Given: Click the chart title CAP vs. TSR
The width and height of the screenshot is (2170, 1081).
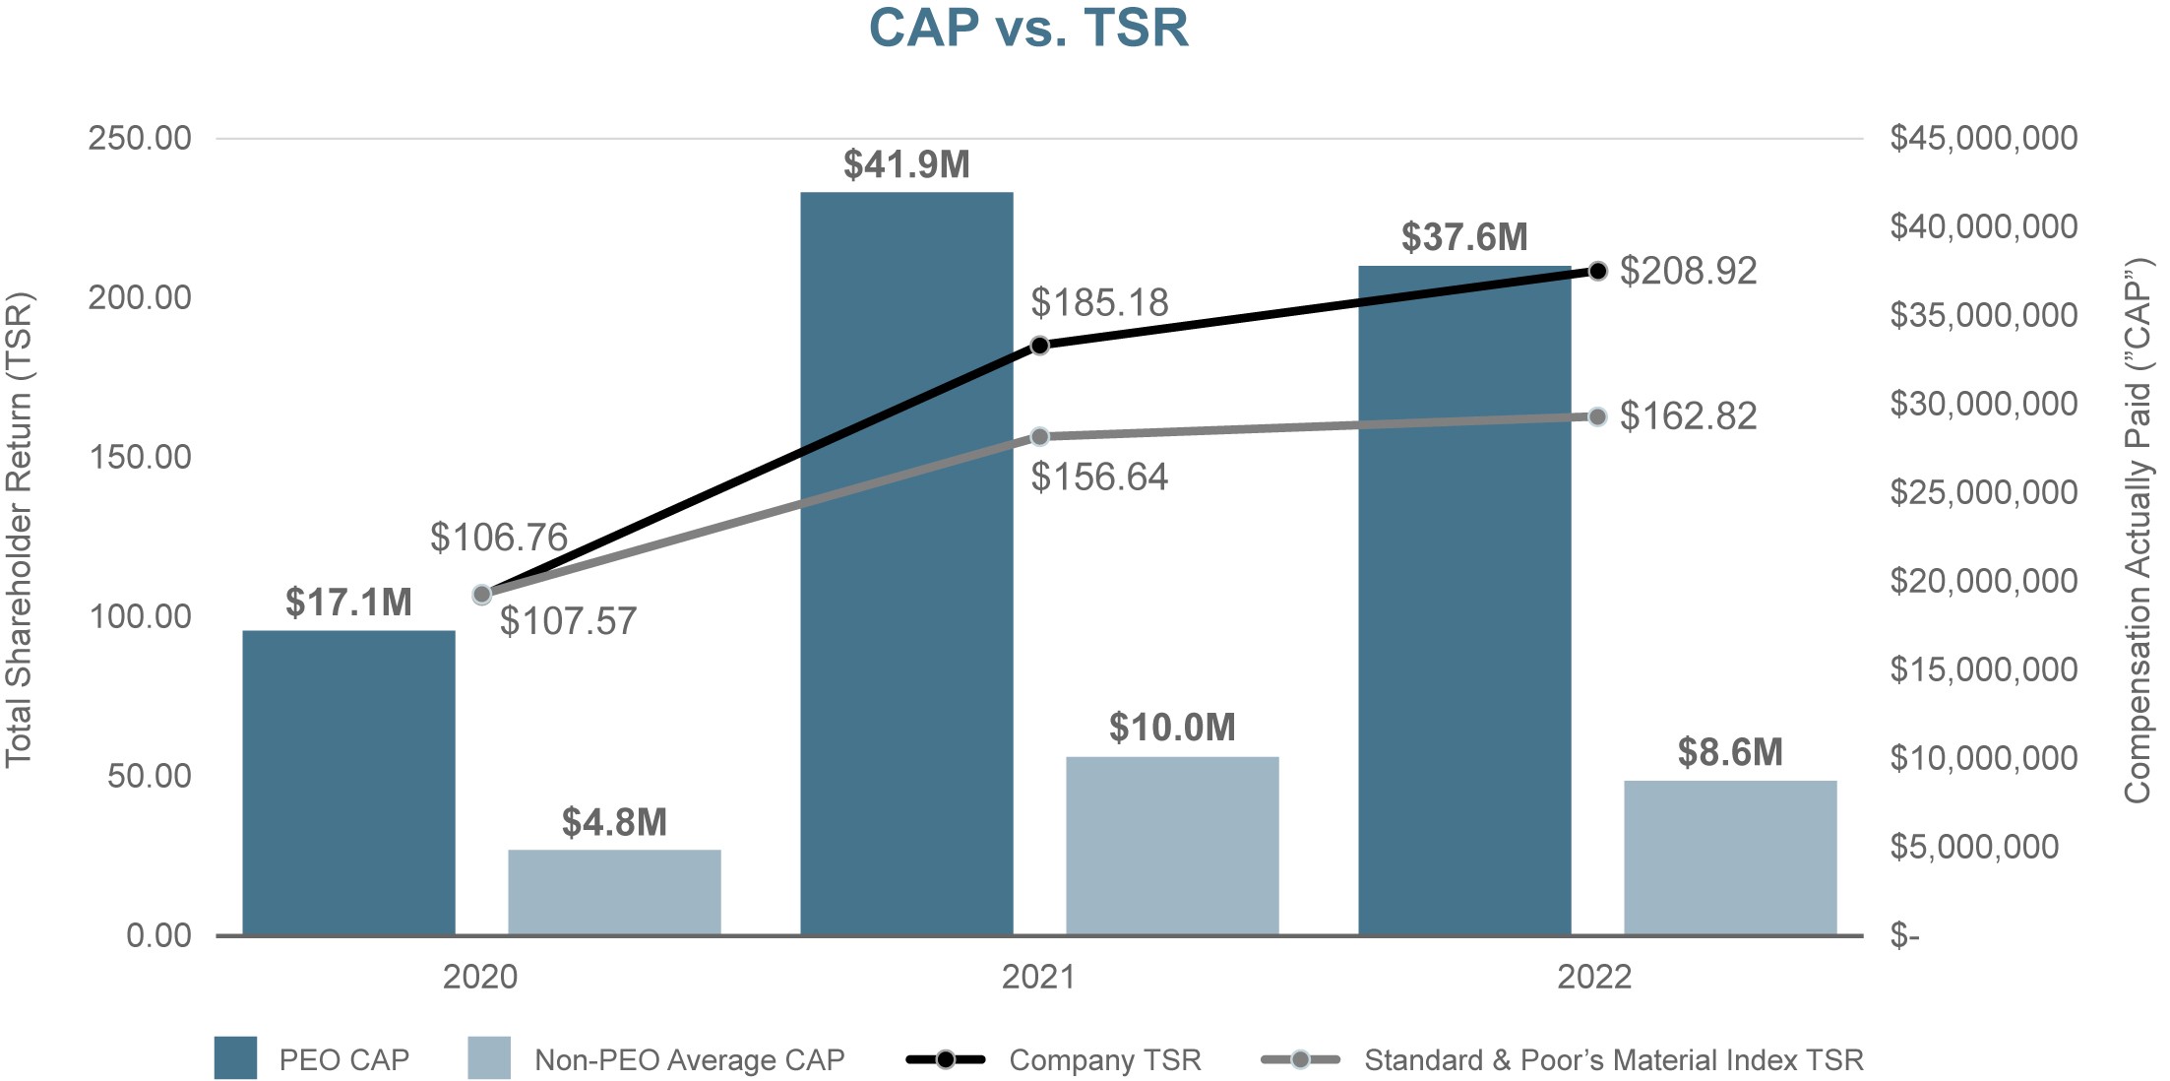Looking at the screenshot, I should coord(1028,28).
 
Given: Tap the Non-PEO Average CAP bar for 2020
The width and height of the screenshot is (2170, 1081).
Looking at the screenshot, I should coord(614,892).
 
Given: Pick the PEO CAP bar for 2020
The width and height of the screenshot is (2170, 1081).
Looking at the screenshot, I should coord(348,783).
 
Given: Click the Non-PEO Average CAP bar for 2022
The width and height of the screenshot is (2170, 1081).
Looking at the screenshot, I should coord(1730,858).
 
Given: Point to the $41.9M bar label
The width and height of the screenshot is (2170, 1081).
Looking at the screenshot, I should coord(906,164).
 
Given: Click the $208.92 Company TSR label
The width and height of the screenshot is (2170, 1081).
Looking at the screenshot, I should coord(1688,271).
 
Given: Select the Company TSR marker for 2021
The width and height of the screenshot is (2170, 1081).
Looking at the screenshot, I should coord(1040,346).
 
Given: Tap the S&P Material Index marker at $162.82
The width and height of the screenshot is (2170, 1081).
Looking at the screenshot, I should coord(1598,417).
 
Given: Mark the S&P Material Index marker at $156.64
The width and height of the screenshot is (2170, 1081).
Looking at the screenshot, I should coord(1040,437).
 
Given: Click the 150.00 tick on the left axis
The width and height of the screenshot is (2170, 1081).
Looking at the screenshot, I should coord(140,457).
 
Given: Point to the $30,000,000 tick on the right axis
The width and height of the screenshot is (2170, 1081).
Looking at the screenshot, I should coord(1983,404).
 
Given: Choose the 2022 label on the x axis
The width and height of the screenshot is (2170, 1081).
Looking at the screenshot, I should coord(1594,977).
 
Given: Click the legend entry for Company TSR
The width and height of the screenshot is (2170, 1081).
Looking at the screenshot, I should coord(1104,1060).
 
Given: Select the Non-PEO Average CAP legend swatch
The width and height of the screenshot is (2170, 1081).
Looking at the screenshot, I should coord(489,1058).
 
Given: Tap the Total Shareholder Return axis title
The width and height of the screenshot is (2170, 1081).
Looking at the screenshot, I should coord(20,530).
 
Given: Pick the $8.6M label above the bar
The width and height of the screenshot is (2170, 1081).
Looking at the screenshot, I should coord(1730,753).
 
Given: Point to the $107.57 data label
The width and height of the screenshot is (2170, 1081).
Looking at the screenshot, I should coord(568,621).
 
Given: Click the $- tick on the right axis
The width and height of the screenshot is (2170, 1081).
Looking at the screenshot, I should coord(1904,935).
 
